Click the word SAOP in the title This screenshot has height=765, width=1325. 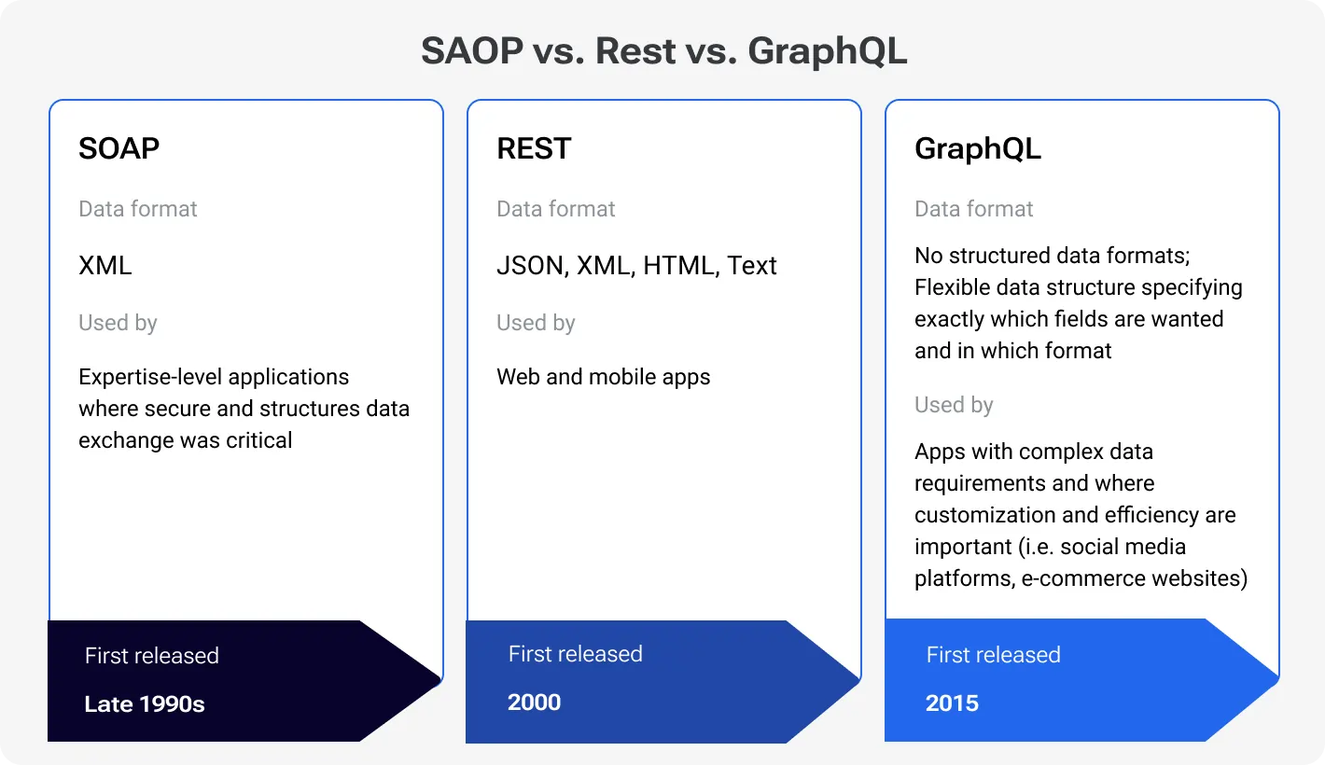coord(471,51)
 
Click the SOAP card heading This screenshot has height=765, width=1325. coord(119,148)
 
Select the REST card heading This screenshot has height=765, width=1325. coord(533,148)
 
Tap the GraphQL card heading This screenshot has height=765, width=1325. coord(977,148)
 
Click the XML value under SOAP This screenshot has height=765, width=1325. coord(105,266)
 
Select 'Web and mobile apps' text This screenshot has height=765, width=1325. coord(603,377)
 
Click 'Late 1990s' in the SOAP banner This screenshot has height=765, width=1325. coord(145,704)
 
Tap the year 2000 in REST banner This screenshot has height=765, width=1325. coord(534,702)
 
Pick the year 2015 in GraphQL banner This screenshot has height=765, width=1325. coord(952,703)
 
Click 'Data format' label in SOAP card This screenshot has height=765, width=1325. coord(137,209)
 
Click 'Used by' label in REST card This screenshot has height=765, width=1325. coord(536,324)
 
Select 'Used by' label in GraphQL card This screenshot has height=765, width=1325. coord(954,405)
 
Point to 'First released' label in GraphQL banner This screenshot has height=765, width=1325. coord(993,655)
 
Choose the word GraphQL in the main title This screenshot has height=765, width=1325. coord(827,51)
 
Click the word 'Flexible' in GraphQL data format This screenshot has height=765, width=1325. coord(949,287)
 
